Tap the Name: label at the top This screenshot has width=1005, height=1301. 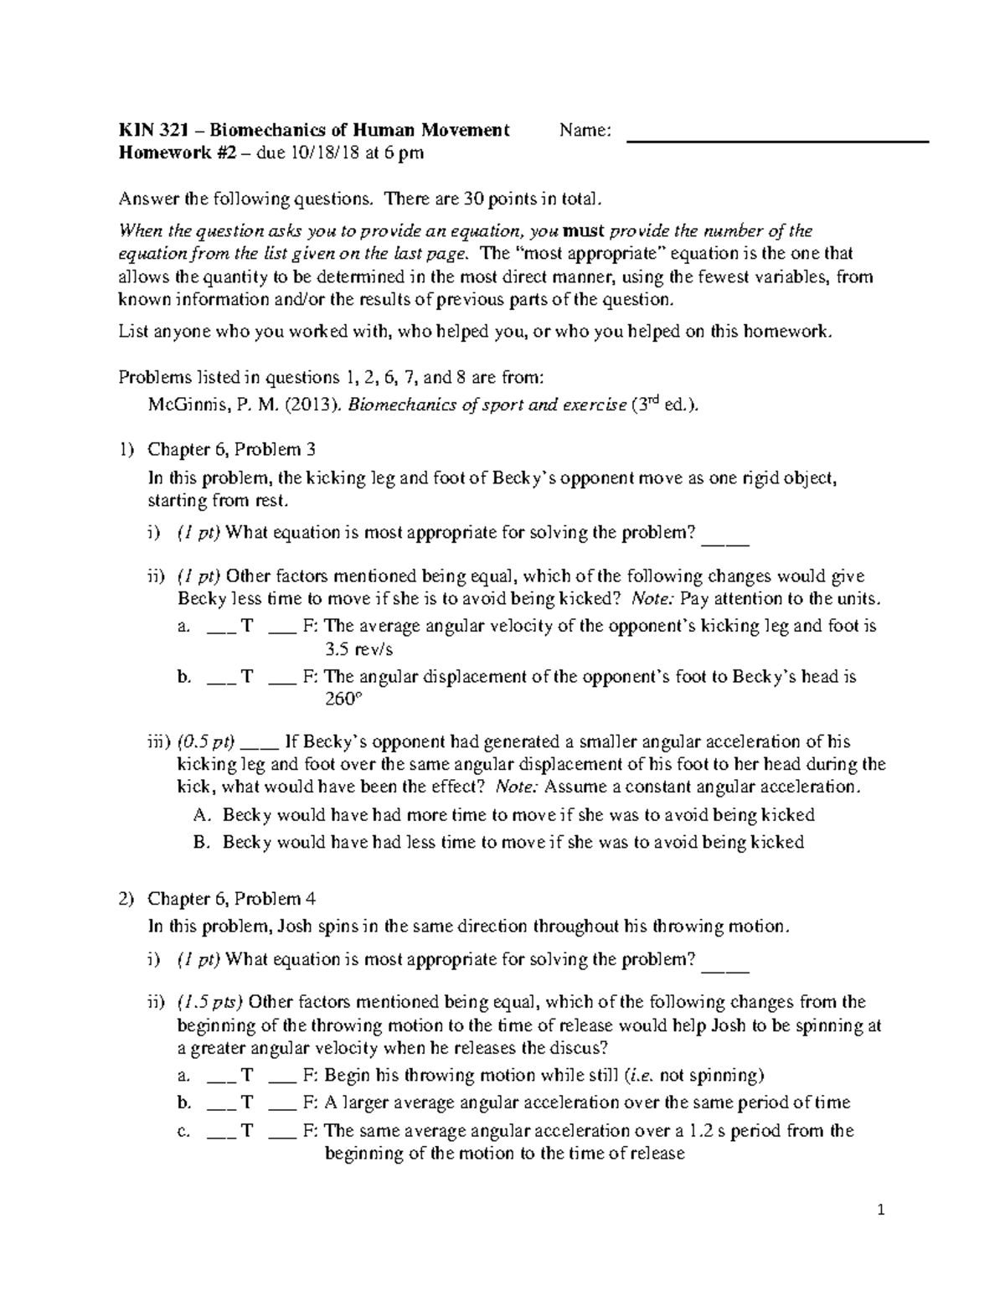point(585,131)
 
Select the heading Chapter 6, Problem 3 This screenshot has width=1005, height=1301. point(231,450)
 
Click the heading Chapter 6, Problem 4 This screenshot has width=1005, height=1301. point(231,899)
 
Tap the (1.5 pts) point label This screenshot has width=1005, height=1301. point(209,1003)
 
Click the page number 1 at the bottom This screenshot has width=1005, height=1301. point(880,1211)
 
